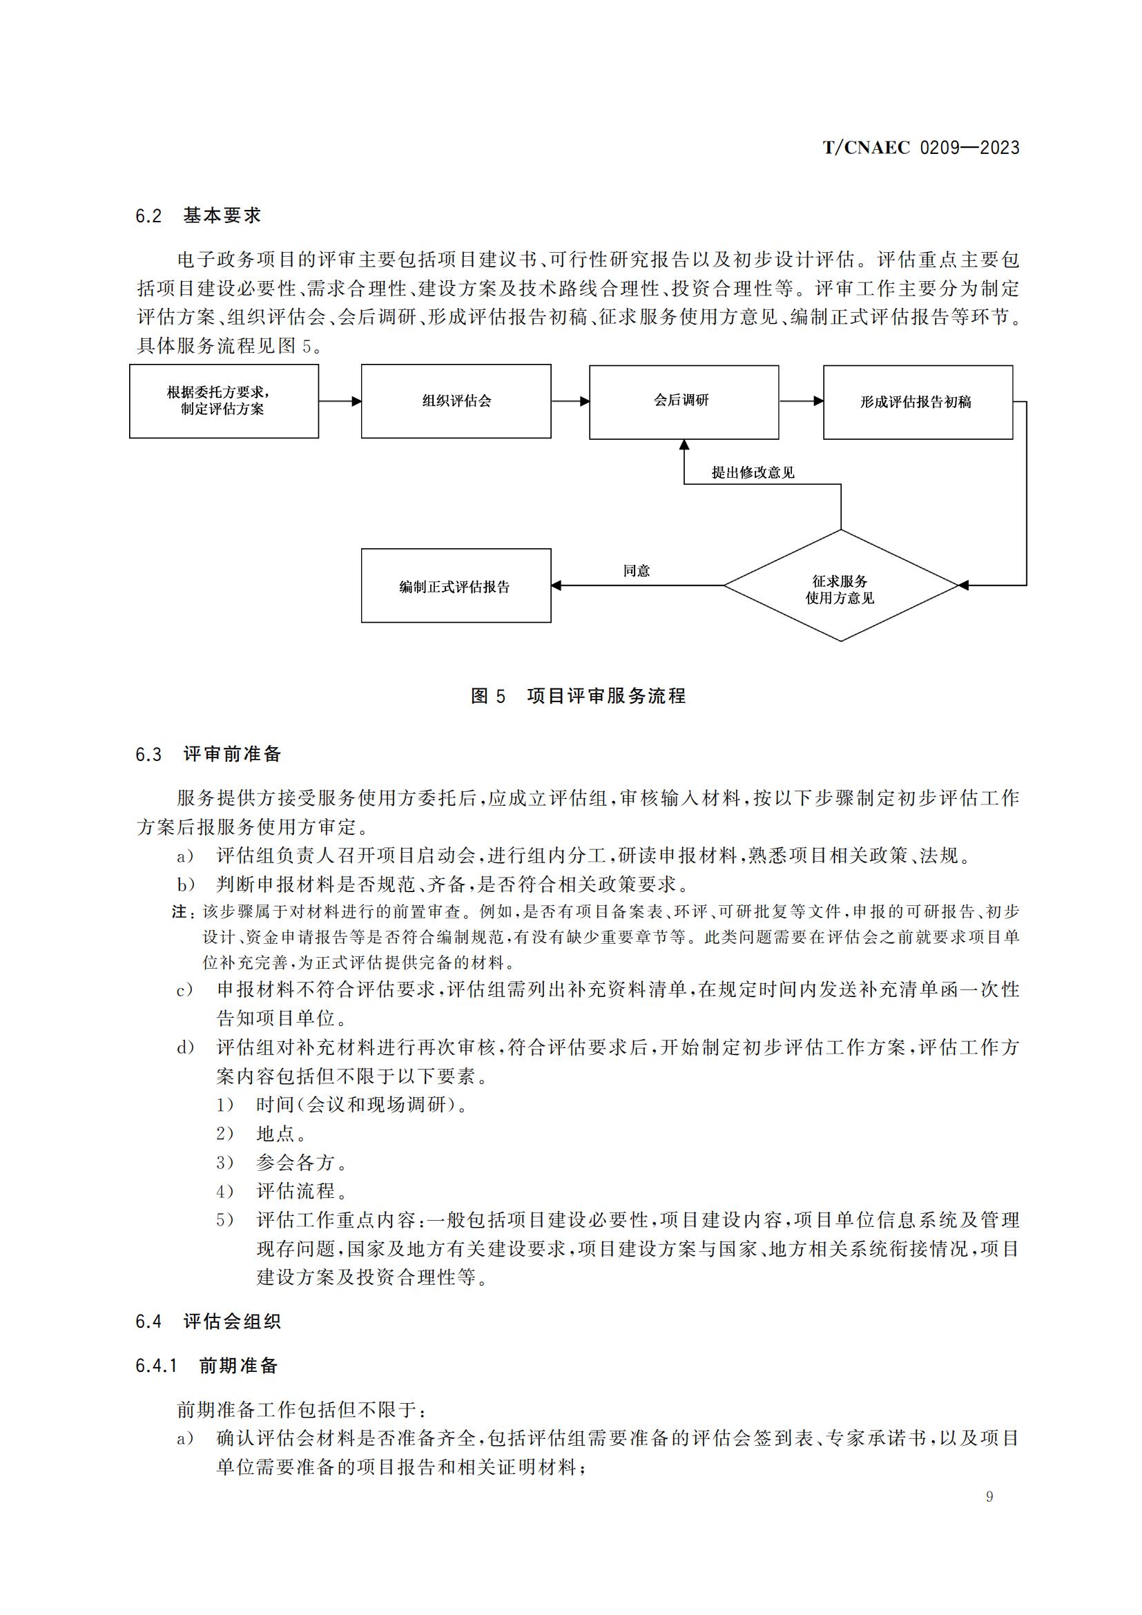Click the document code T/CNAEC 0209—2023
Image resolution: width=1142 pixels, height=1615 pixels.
[920, 148]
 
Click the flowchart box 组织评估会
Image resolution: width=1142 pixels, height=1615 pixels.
[456, 401]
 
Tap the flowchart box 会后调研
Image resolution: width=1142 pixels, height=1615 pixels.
[684, 402]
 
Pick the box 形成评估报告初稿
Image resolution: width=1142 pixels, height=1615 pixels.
[918, 403]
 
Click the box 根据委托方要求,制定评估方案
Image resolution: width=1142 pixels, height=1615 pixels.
[224, 401]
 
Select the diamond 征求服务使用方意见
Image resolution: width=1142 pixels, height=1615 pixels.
[840, 586]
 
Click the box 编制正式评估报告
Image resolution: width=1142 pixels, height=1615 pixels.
[456, 586]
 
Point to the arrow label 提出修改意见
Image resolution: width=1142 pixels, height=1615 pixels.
[753, 473]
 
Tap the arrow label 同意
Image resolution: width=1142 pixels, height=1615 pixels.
[637, 570]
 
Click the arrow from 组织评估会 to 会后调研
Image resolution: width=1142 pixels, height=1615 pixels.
[570, 402]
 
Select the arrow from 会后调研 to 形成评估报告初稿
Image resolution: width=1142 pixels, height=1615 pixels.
[801, 402]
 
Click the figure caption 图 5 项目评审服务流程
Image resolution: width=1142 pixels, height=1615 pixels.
[578, 697]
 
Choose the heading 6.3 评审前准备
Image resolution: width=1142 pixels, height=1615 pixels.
[208, 754]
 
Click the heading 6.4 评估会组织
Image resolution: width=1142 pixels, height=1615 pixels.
[208, 1321]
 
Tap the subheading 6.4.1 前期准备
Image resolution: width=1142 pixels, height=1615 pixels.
[206, 1365]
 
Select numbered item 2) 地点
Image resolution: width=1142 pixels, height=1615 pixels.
[262, 1133]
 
